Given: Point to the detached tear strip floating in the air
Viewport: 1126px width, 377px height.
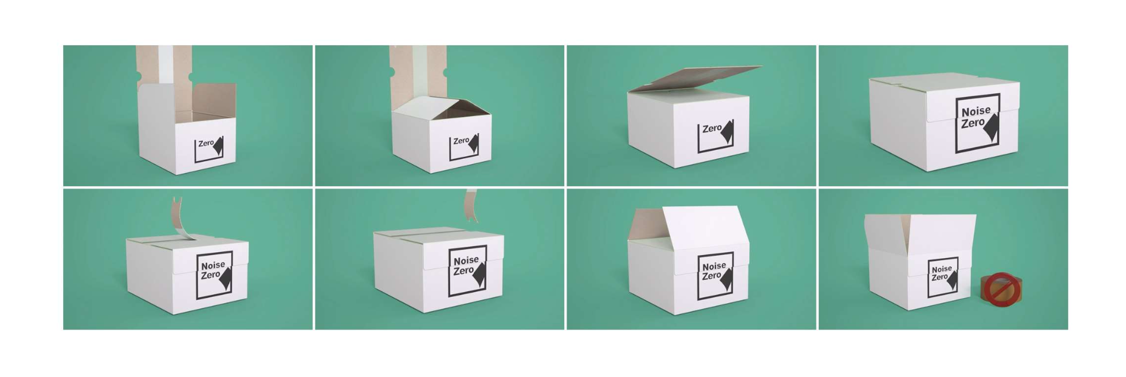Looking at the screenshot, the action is click(x=471, y=205).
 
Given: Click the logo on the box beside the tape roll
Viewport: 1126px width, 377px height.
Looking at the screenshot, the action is click(x=943, y=277).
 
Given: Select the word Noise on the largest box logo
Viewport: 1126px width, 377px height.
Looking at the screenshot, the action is click(x=976, y=111).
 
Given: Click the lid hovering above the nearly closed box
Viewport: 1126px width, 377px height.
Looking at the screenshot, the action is click(x=694, y=78).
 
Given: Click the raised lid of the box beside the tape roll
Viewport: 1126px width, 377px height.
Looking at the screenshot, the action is click(x=919, y=235).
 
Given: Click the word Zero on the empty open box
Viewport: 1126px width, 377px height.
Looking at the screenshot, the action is click(x=206, y=143).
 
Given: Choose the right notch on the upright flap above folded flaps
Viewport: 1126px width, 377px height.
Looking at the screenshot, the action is click(x=445, y=73).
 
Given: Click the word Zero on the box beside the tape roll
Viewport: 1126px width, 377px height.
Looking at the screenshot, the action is click(x=939, y=277).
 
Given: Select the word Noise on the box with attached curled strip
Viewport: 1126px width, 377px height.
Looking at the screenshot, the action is click(x=212, y=266).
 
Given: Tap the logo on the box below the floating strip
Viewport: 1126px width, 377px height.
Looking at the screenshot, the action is click(x=467, y=271).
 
